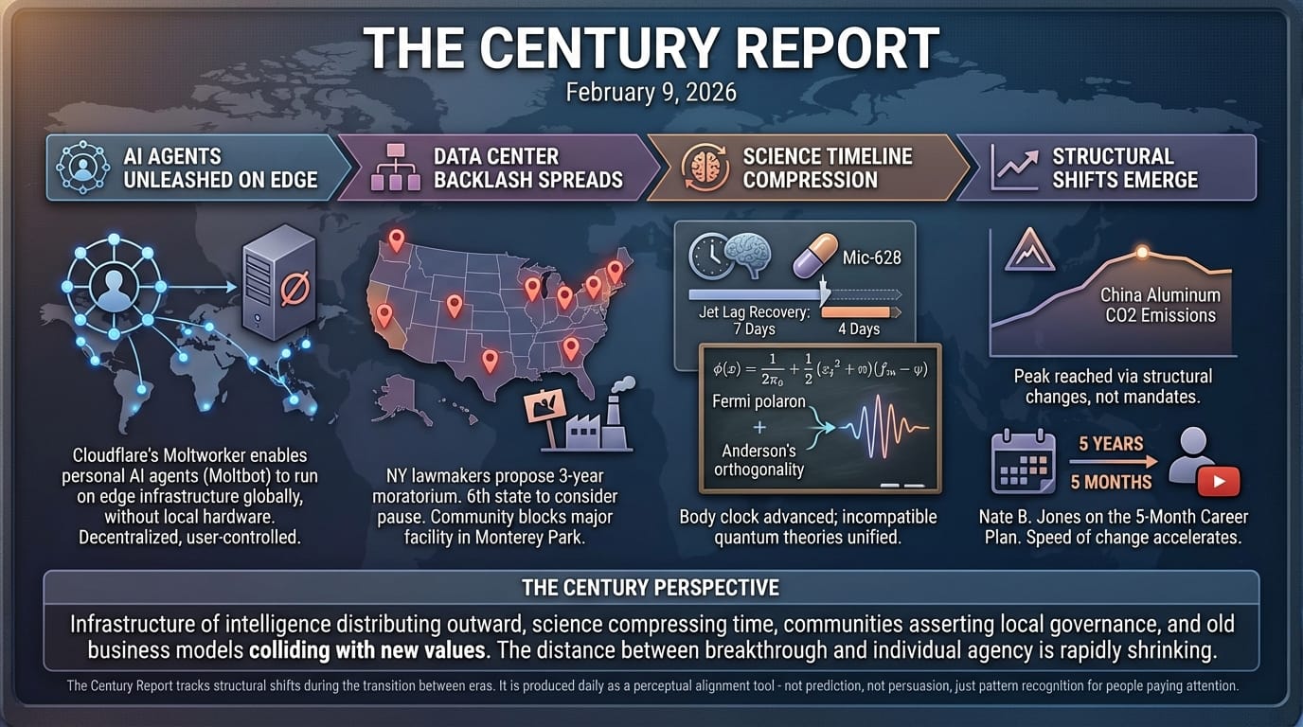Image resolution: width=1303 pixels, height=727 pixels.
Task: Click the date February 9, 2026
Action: point(651,93)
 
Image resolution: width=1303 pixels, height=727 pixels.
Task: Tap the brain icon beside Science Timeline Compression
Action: point(705,168)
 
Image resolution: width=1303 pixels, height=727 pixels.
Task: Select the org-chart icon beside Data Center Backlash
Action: point(396,168)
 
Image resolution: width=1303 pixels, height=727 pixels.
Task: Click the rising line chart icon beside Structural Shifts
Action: point(1014,168)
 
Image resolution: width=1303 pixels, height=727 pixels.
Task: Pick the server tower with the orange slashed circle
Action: point(279,283)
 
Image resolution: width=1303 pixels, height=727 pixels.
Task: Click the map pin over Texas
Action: point(491,361)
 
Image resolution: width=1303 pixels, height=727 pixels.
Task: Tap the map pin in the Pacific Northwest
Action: point(397,240)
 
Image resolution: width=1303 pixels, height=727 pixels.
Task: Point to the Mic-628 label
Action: point(872,257)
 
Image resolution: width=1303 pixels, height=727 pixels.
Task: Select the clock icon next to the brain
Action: point(708,256)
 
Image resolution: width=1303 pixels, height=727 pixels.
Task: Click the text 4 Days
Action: point(859,329)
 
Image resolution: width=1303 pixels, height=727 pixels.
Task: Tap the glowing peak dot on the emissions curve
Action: point(1142,252)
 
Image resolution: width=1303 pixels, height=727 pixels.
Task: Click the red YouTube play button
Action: point(1219,482)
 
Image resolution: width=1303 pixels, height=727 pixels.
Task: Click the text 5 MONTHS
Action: point(1111,482)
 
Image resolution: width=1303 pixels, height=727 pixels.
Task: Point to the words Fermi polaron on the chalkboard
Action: point(759,401)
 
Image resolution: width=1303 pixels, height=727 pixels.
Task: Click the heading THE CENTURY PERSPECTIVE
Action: point(651,588)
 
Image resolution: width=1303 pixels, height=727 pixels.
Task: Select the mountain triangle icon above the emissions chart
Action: point(1030,250)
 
